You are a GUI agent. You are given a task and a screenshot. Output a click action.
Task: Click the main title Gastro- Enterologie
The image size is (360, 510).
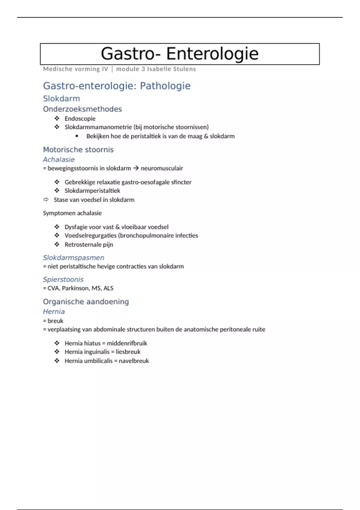point(179,54)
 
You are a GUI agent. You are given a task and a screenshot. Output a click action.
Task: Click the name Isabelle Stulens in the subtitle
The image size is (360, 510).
point(171,69)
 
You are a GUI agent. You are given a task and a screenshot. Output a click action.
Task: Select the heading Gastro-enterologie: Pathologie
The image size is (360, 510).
point(117,86)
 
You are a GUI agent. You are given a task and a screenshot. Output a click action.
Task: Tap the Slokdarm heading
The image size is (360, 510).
point(61,98)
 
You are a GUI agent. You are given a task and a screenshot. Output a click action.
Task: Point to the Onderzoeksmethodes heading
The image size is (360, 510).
point(82,109)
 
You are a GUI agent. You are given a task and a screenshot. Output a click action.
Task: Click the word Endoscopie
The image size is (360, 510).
point(80,118)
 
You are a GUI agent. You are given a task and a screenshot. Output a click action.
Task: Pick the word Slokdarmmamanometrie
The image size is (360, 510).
point(98,127)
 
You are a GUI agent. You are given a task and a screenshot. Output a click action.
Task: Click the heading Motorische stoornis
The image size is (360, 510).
point(78,149)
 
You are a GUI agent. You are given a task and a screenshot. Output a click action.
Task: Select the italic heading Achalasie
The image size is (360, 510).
point(59,159)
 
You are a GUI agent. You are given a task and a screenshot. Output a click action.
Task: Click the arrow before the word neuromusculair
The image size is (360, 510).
point(136,168)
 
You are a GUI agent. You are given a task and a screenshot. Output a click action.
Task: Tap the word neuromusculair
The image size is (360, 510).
point(162,168)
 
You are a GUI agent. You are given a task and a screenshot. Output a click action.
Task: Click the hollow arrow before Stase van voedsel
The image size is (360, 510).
point(46,199)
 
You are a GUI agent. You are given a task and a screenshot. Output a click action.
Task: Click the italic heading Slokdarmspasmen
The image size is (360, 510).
point(73,257)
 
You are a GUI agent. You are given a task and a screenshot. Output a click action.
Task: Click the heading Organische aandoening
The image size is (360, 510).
point(86,301)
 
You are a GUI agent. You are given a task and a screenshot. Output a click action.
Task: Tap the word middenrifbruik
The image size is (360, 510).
point(127,343)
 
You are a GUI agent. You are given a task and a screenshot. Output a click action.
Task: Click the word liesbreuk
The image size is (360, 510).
point(128,352)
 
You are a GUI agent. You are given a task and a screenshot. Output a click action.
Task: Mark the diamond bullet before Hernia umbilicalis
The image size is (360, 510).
point(57,361)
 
